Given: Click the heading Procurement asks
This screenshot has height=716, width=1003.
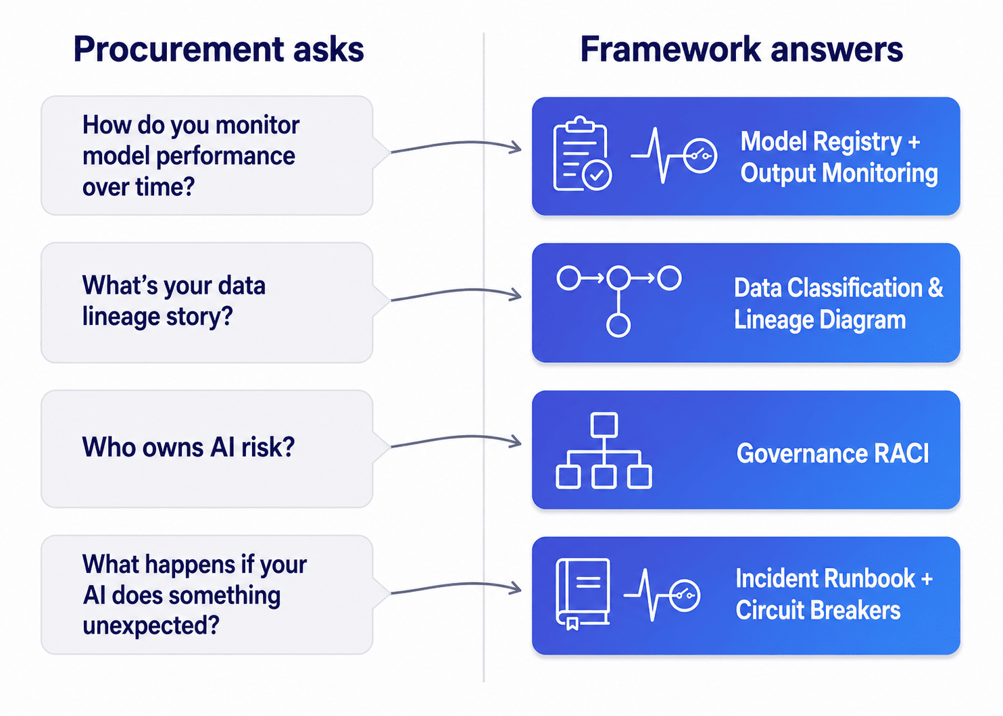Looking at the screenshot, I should pos(218,50).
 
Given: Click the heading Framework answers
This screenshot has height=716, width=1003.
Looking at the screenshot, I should pos(741,50).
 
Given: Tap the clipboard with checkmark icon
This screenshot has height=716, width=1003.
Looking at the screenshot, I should pos(582,155).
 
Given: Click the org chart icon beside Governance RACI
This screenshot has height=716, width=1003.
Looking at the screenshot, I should pos(604,451).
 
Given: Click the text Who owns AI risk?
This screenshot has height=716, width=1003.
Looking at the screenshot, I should pos(189,447).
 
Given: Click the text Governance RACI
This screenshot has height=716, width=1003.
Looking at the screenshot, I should pos(833,453).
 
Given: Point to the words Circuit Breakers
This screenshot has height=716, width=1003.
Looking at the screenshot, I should pos(818,611).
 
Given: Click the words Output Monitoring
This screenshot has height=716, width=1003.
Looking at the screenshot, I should pos(839,173).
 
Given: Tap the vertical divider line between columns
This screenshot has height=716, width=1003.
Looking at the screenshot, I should pos(484,358).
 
